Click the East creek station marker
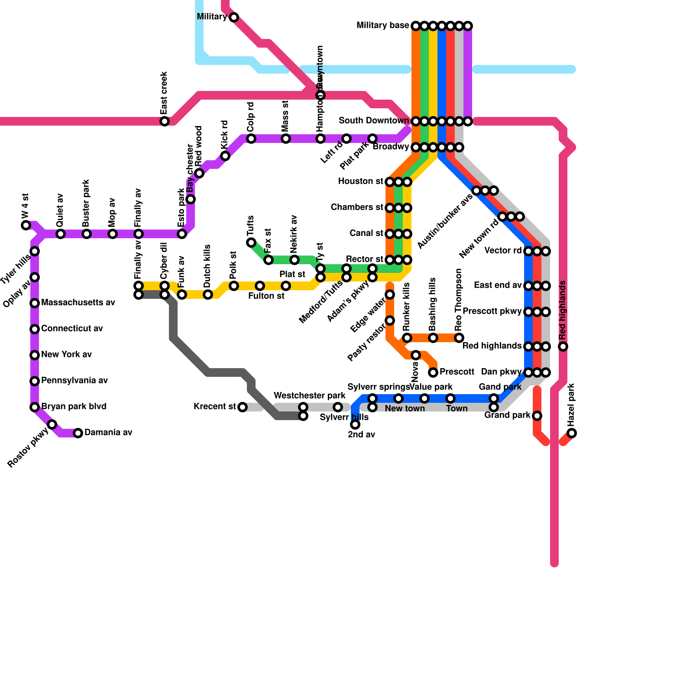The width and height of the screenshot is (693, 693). point(165,121)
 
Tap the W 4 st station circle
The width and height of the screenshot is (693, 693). point(26,225)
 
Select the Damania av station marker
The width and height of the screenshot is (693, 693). point(78,433)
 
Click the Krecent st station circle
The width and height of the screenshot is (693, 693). point(243,407)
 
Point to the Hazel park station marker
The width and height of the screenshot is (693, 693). point(572,433)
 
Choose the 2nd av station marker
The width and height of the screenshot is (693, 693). point(355,424)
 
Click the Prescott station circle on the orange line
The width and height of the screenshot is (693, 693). point(433,372)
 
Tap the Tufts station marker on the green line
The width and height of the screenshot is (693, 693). point(251,243)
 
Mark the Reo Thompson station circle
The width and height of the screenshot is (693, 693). point(459,338)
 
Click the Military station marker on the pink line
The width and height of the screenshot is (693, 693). point(234,17)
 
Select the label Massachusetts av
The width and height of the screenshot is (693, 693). point(78,303)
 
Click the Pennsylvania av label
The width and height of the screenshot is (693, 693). point(74,381)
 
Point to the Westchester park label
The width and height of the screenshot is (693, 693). point(309,396)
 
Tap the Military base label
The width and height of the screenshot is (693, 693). point(382,26)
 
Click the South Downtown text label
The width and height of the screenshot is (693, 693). point(373,120)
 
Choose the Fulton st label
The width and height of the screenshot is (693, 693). point(266,296)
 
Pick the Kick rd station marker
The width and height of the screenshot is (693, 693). point(225,156)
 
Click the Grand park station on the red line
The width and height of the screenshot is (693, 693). point(537,416)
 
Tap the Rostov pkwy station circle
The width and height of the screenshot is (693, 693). point(52,424)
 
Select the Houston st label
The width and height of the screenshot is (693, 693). point(360,181)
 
